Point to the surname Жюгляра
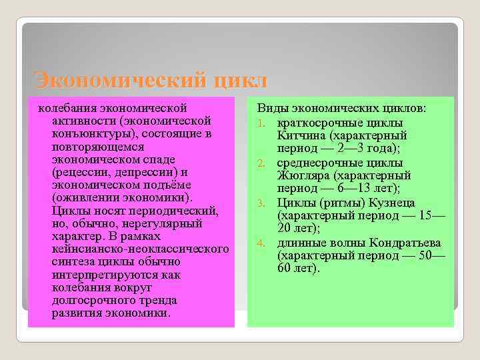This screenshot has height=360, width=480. (x=307, y=176)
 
